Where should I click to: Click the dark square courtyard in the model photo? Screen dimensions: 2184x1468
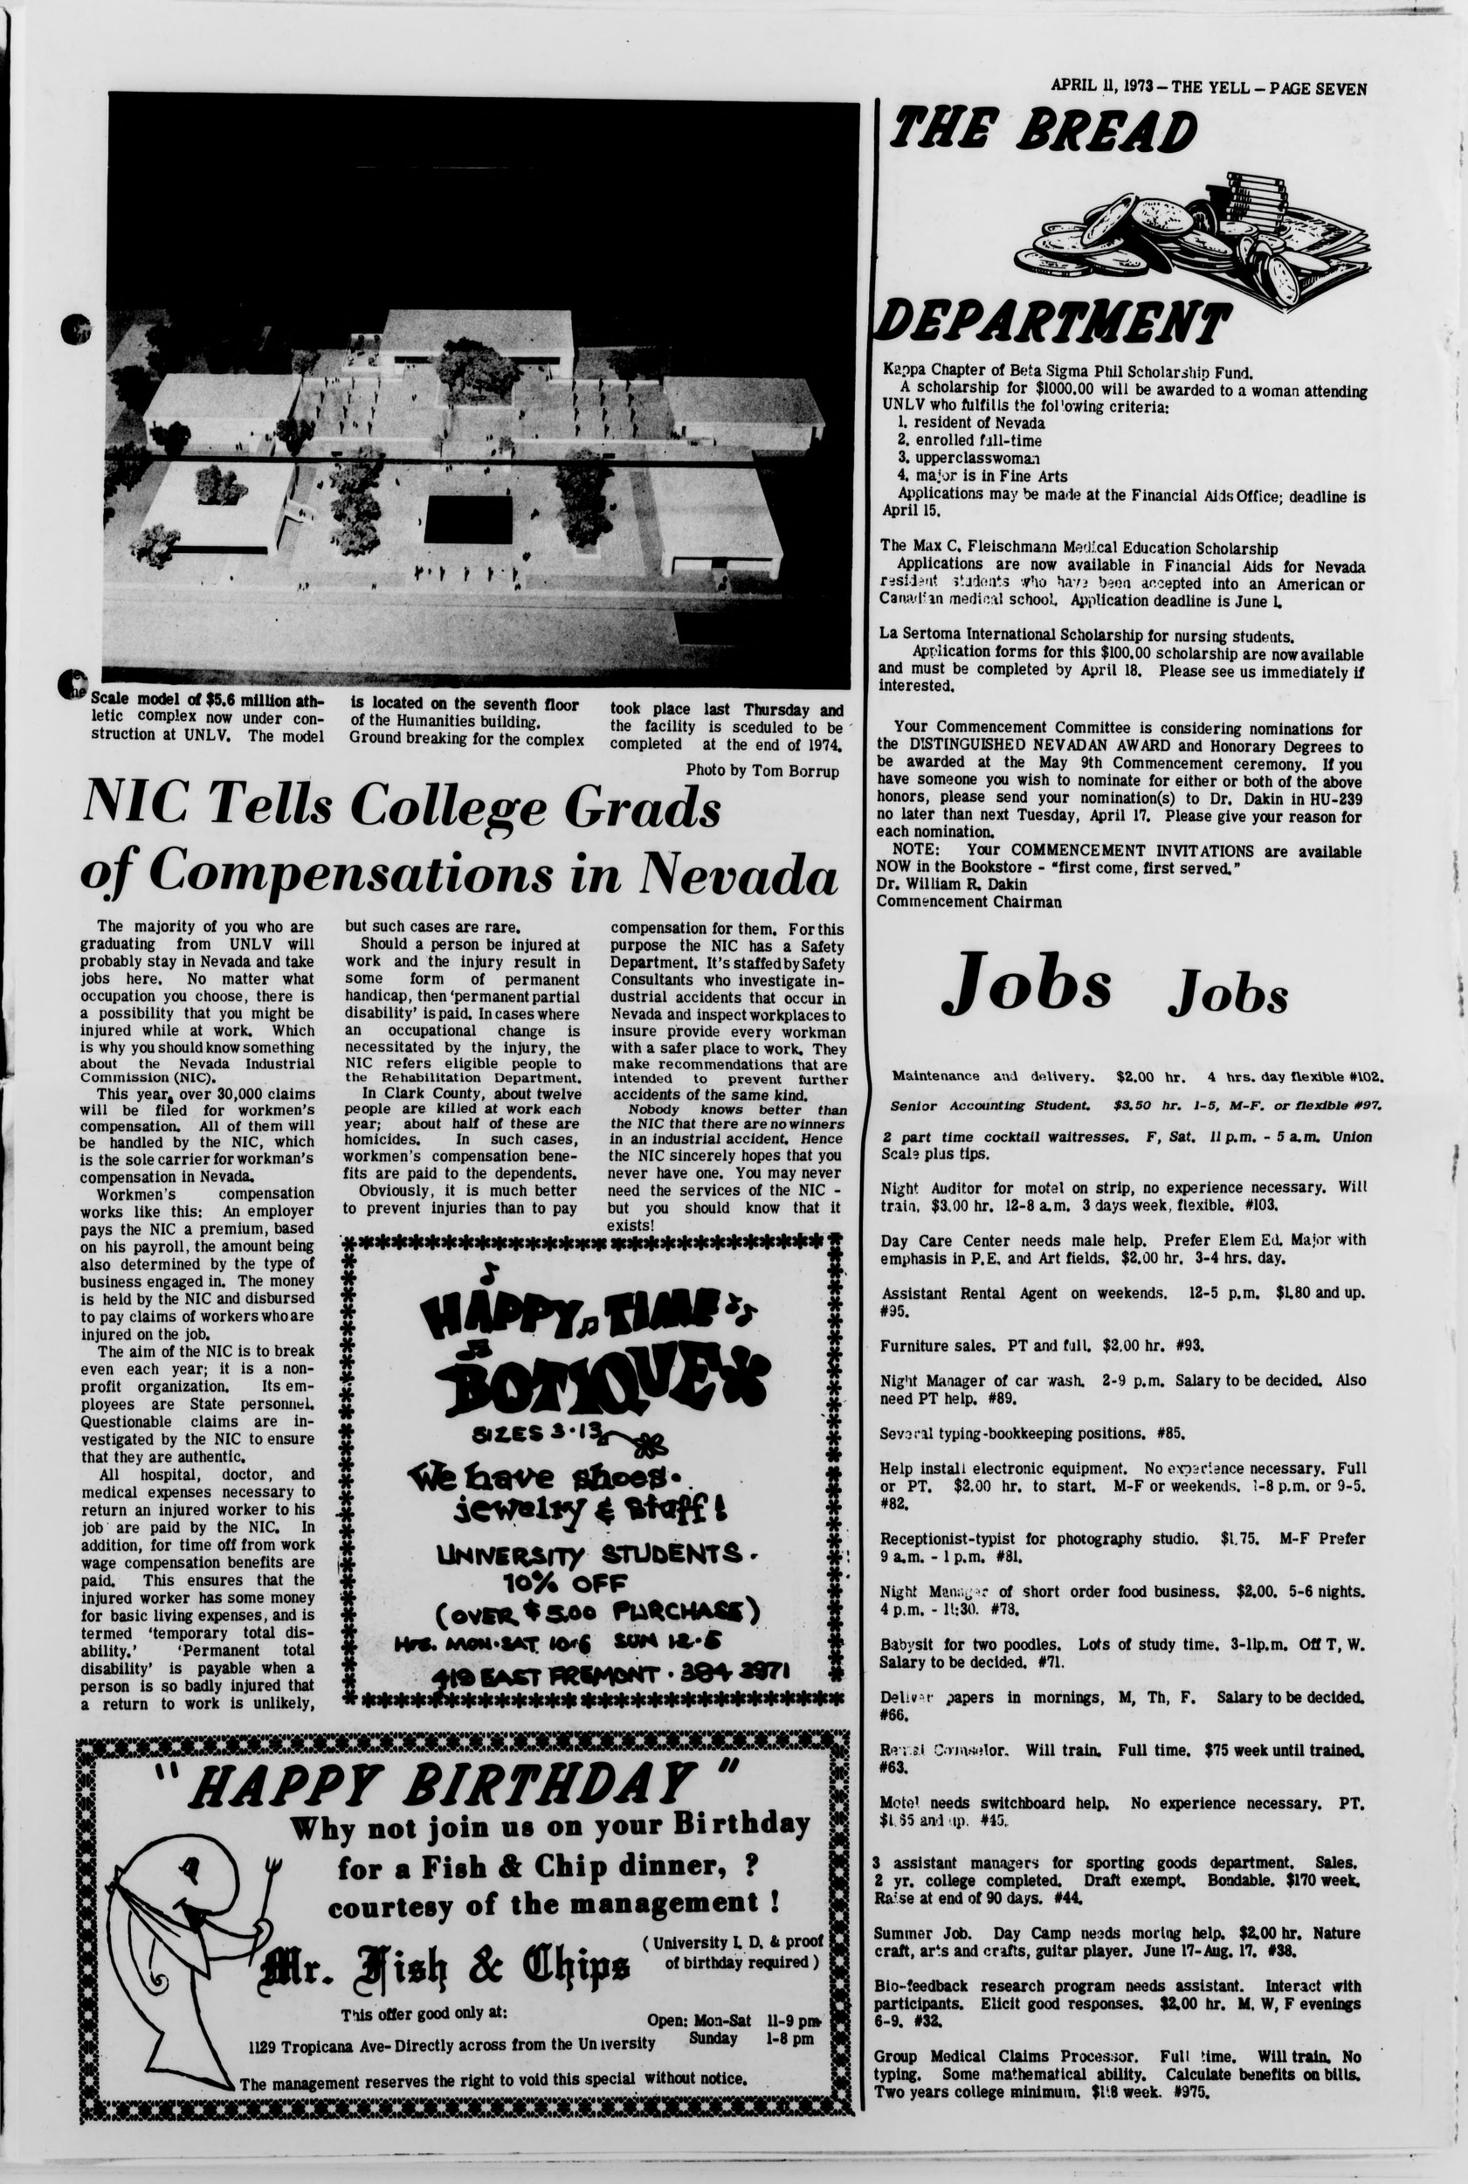[x=468, y=520]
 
